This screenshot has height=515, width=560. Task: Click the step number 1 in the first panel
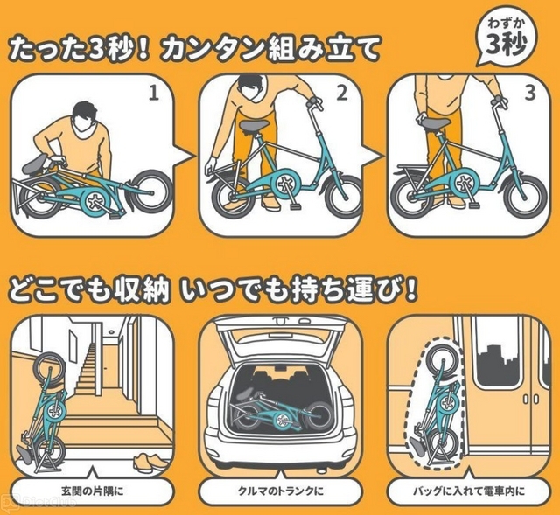coord(154,94)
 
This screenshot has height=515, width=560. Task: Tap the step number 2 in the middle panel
coord(342,94)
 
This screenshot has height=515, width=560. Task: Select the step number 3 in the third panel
coord(530,94)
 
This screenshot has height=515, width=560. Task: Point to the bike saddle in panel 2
coord(255,125)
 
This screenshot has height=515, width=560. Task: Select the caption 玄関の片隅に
coord(92,491)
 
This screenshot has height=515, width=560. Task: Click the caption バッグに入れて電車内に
coord(469,491)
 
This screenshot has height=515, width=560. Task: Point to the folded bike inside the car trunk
coord(282,410)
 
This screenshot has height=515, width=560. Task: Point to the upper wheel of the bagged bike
coord(441,358)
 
